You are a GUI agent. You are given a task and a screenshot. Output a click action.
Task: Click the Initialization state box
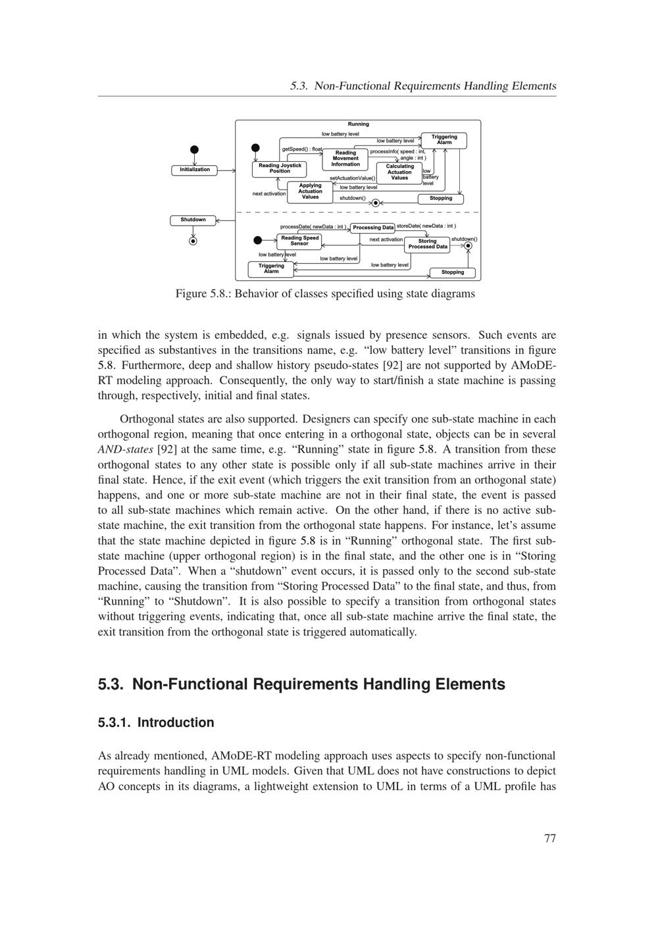pos(195,170)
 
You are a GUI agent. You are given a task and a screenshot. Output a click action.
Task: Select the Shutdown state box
pos(193,220)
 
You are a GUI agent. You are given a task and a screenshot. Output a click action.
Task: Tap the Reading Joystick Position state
pos(280,168)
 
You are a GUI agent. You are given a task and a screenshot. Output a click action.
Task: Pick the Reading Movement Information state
pos(345,159)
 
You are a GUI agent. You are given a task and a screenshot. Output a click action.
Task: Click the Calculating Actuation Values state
pos(399,172)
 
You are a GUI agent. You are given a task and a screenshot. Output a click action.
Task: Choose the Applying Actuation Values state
pos(310,191)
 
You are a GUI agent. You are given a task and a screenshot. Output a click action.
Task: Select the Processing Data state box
pos(372,228)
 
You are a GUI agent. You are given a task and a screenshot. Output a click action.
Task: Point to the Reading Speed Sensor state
pos(299,241)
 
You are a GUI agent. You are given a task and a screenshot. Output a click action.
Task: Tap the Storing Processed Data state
pos(427,244)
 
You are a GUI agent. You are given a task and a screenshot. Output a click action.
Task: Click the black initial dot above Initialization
pos(194,149)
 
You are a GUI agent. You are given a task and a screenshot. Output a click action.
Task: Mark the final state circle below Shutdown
pos(193,241)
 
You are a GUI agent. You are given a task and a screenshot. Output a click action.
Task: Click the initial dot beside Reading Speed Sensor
pos(257,240)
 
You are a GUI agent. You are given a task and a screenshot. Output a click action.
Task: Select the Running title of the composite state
pos(358,124)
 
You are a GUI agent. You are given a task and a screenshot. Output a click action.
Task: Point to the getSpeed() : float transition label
pos(302,149)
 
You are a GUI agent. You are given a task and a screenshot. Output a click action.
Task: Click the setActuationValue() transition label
pos(352,178)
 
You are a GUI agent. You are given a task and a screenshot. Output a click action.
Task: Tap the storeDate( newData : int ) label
pos(426,226)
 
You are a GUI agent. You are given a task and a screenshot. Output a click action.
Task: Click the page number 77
pos(550,838)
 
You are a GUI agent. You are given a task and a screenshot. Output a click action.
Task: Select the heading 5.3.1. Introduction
pos(156,722)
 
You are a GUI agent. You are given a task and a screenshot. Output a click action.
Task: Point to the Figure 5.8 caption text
pos(325,293)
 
